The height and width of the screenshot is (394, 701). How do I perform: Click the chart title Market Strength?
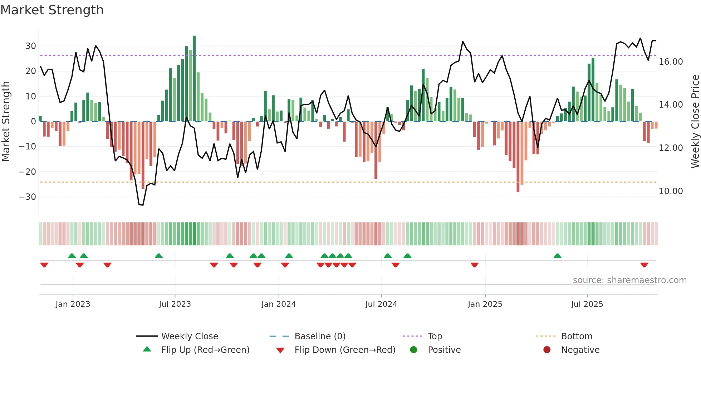(x=52, y=10)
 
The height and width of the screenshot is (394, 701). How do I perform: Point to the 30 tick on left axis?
(x=31, y=46)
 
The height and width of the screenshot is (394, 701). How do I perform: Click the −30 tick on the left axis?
(x=28, y=197)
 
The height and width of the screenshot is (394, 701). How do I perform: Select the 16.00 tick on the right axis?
(x=671, y=62)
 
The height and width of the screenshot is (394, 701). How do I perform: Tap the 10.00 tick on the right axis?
(x=671, y=191)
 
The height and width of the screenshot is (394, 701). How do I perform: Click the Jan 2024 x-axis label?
(x=278, y=304)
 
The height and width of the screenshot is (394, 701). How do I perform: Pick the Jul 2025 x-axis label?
(x=587, y=304)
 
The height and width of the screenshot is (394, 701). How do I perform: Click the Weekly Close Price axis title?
(x=695, y=122)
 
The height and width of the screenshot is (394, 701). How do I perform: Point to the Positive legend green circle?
(x=413, y=350)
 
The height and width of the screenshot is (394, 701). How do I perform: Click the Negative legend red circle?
(x=547, y=350)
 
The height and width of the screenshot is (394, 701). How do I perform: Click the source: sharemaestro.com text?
(x=629, y=280)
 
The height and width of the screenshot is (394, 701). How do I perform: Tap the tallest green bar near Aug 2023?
(x=194, y=79)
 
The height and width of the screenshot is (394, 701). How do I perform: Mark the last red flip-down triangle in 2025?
(x=644, y=265)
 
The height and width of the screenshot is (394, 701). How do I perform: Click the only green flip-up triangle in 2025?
(x=557, y=256)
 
